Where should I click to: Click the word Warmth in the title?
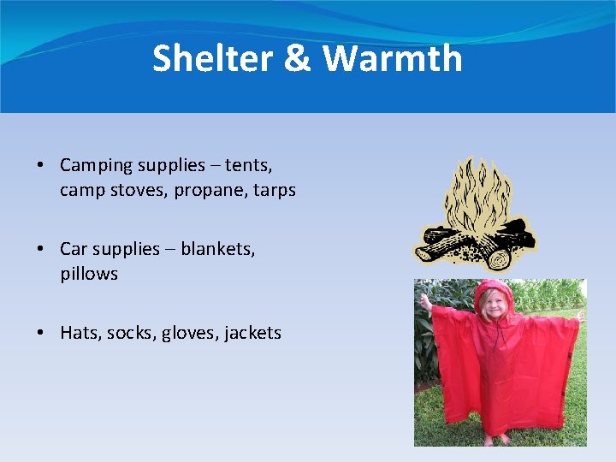click(393, 59)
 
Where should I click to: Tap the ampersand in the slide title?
click(293, 59)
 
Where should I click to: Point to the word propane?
click(211, 190)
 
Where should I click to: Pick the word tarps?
click(275, 190)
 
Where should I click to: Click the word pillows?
click(89, 274)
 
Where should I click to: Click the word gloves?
click(188, 333)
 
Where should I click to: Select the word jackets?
click(252, 333)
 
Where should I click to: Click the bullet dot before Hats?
click(41, 334)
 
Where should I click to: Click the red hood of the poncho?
click(494, 291)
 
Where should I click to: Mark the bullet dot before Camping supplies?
click(41, 166)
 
